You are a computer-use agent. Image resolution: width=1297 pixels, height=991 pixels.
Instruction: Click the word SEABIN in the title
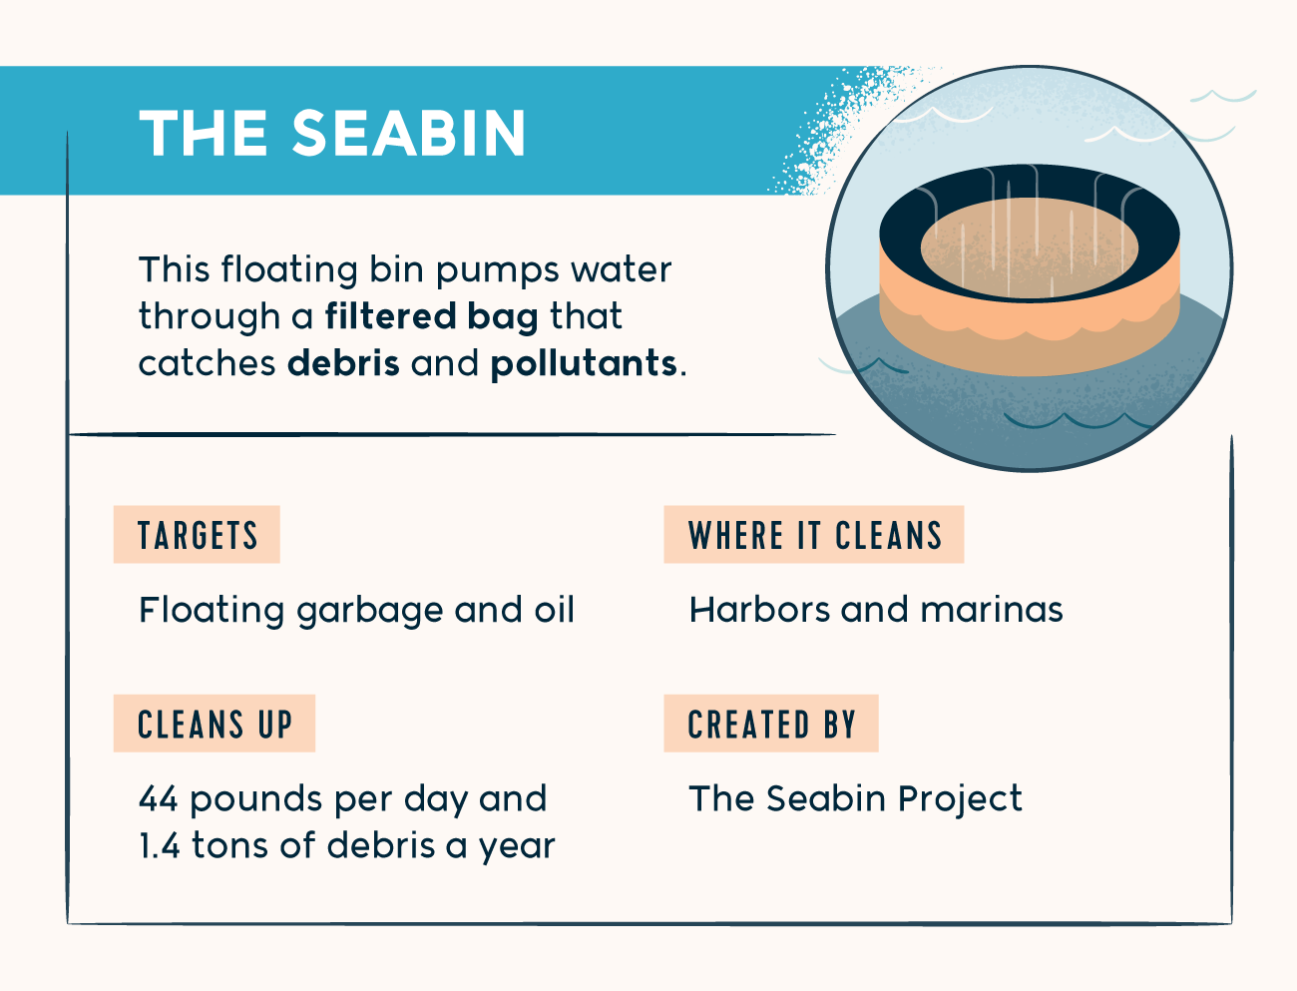[x=408, y=133]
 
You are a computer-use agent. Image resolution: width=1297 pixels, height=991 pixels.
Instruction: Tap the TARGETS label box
[x=197, y=534]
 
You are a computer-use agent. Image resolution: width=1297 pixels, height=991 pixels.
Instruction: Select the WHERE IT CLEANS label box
[x=814, y=534]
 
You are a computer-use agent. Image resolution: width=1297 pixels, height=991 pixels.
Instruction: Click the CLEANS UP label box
[x=215, y=724]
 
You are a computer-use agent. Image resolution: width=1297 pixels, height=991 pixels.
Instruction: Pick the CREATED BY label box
[x=771, y=724]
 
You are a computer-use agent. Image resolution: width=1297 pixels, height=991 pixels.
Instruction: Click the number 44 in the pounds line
[x=158, y=799]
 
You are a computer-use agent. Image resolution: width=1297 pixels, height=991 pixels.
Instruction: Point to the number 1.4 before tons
[x=159, y=845]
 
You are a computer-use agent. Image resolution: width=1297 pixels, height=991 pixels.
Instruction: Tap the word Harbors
[x=759, y=609]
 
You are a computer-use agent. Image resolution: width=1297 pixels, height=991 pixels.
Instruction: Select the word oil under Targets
[x=554, y=609]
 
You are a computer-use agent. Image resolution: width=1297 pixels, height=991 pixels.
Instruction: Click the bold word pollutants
[x=584, y=362]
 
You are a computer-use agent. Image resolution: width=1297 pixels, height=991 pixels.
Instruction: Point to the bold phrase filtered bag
[x=431, y=315]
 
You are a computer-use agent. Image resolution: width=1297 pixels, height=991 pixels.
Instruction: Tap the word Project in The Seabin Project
[x=960, y=800]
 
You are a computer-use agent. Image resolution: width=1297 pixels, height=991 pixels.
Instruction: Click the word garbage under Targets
[x=369, y=612]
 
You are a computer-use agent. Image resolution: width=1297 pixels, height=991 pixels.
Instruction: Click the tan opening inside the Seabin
[x=1030, y=248]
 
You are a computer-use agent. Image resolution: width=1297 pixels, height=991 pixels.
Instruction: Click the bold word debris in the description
[x=343, y=362]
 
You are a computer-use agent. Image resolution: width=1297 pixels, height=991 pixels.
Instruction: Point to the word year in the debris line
[x=517, y=848]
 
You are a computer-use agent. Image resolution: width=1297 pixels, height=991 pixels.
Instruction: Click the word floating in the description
[x=289, y=270]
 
